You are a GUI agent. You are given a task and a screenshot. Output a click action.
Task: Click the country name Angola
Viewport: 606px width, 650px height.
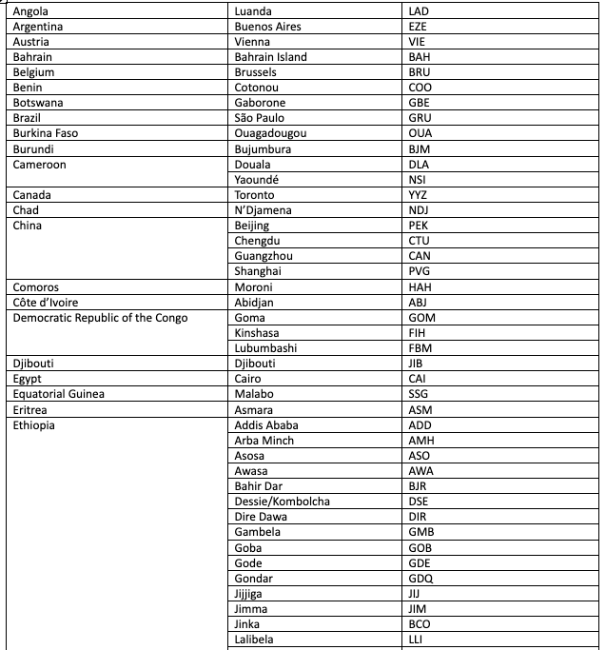tap(31, 10)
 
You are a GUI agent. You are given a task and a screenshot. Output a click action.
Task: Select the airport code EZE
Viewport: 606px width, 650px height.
tap(418, 27)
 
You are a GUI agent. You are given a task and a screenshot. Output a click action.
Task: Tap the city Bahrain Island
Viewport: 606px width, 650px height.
tap(270, 57)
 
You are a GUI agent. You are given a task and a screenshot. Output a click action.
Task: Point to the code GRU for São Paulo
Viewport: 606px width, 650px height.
tap(420, 118)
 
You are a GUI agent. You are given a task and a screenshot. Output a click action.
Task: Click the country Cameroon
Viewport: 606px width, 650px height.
tap(39, 165)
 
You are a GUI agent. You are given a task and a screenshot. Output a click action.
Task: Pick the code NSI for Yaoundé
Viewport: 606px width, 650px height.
tap(417, 180)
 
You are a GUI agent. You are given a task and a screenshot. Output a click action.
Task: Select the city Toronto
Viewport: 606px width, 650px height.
tap(254, 195)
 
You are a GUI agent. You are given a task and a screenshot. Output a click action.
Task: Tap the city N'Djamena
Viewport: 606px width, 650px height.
tap(263, 210)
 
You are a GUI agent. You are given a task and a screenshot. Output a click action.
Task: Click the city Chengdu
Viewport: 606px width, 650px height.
tap(256, 241)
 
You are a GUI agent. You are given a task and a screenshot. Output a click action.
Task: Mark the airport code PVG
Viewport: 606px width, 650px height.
tap(419, 271)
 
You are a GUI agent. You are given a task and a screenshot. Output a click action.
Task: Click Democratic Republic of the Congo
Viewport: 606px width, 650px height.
tap(100, 318)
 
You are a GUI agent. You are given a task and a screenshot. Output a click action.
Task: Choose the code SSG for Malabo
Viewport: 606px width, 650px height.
tap(419, 394)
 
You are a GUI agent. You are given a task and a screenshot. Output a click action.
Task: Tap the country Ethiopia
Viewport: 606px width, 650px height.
tap(34, 425)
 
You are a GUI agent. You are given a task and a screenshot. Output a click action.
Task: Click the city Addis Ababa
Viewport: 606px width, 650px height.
tap(266, 425)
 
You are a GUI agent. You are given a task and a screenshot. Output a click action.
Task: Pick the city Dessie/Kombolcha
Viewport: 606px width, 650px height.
tap(283, 502)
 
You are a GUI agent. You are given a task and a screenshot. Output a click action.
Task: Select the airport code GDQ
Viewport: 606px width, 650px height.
tap(420, 579)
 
